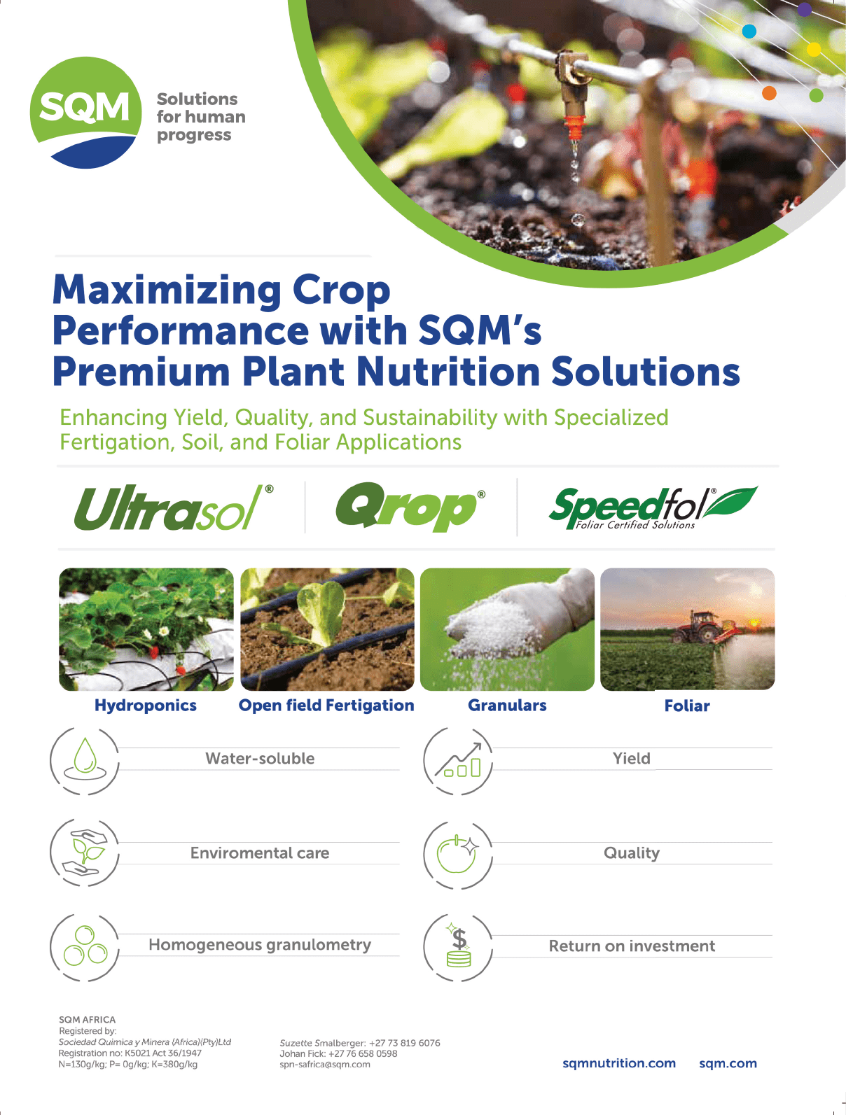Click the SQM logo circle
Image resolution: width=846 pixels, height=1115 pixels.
[85, 112]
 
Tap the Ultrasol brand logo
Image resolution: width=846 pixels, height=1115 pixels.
[174, 507]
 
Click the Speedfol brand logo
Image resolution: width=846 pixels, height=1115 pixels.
[653, 508]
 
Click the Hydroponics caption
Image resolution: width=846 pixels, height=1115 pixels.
[146, 706]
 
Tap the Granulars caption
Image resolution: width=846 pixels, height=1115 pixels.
[507, 705]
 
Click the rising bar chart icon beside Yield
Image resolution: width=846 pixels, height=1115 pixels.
[458, 760]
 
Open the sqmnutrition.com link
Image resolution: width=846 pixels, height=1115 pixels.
[619, 1063]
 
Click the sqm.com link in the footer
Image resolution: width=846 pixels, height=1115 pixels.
[728, 1063]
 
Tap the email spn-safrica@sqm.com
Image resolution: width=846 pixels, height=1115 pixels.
[325, 1064]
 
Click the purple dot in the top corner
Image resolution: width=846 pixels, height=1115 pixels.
[805, 9]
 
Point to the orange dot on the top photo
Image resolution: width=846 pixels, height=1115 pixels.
[769, 93]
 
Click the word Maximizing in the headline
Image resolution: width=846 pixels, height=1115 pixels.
[167, 290]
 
